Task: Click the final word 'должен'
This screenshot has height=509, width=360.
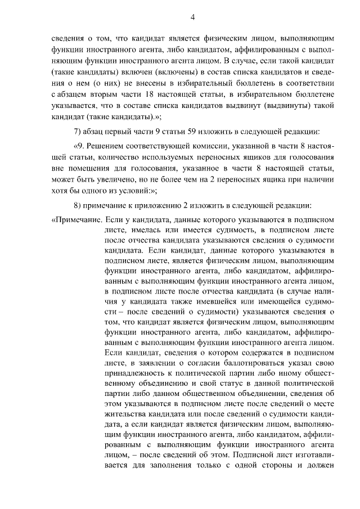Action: point(321,466)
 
